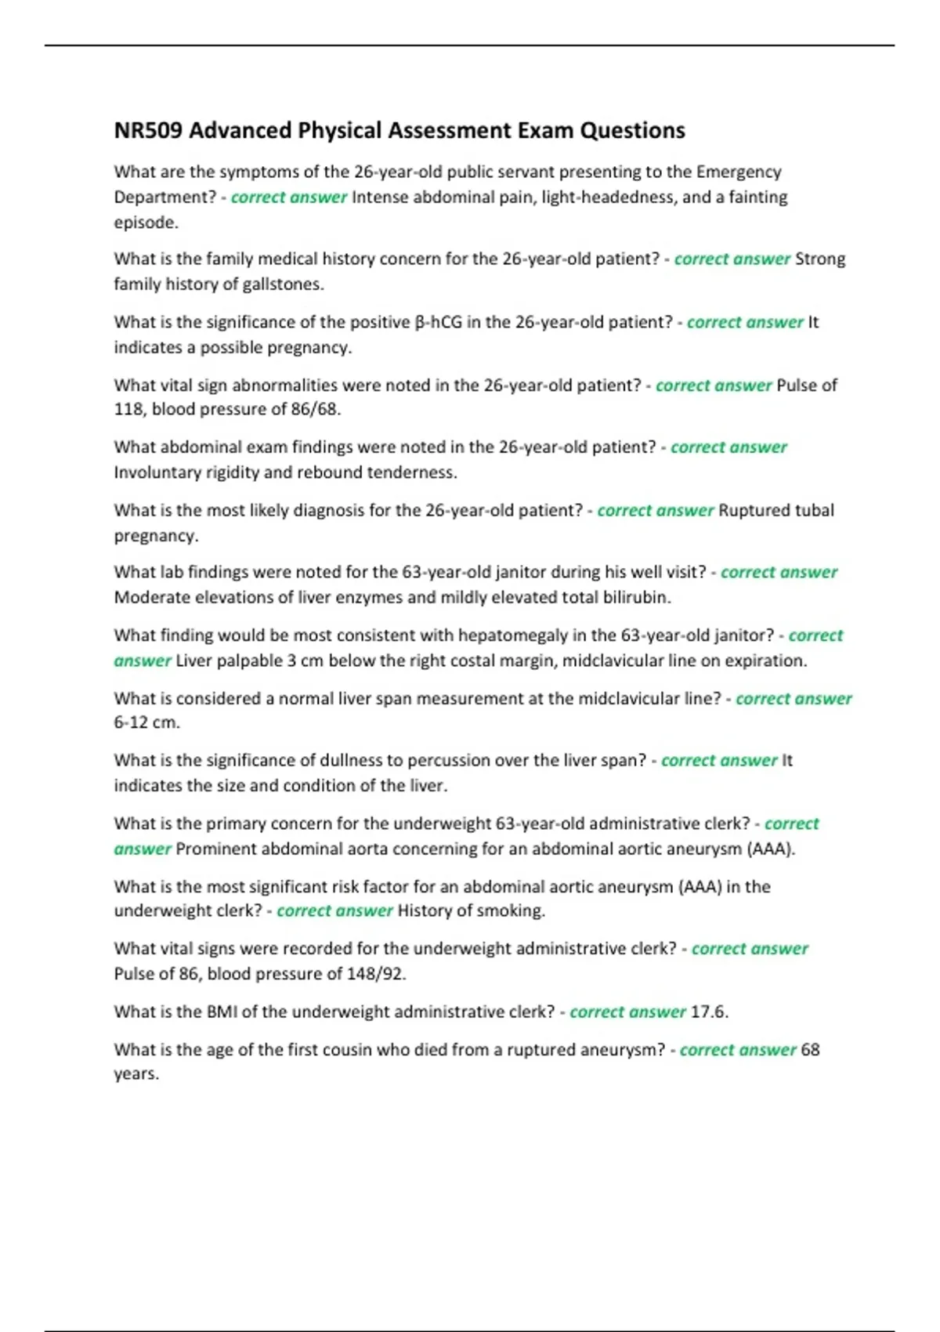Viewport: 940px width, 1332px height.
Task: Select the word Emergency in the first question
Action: click(x=739, y=172)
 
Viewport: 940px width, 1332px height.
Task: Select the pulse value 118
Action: click(x=129, y=409)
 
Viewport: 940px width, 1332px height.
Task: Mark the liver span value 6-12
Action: click(x=131, y=722)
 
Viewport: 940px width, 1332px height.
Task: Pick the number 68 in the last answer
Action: click(x=810, y=1049)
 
